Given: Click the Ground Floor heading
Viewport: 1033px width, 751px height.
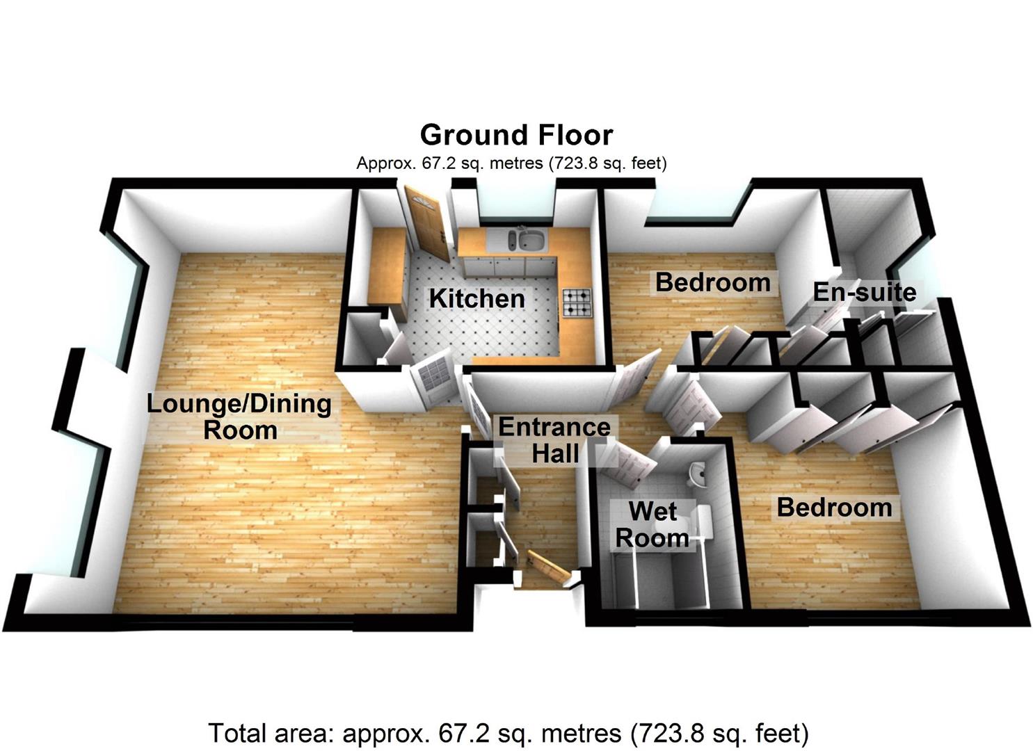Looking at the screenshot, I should [516, 135].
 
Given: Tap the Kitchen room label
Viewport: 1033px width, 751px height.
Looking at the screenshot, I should [477, 298].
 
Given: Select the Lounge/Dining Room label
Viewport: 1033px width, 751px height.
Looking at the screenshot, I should [239, 417].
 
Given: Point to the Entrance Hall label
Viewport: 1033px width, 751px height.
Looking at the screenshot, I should [554, 440].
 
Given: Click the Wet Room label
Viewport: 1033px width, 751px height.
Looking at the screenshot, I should [652, 524].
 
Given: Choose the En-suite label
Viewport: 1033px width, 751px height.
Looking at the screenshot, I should [864, 292].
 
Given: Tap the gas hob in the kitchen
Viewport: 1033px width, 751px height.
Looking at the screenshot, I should [577, 302].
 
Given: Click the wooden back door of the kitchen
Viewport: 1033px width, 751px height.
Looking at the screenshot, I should [425, 222].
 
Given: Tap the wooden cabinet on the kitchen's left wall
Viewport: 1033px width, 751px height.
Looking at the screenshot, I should [387, 266].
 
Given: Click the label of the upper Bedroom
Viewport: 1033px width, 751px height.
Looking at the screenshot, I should [712, 282].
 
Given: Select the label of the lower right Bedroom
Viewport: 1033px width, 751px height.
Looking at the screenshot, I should [834, 507].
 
